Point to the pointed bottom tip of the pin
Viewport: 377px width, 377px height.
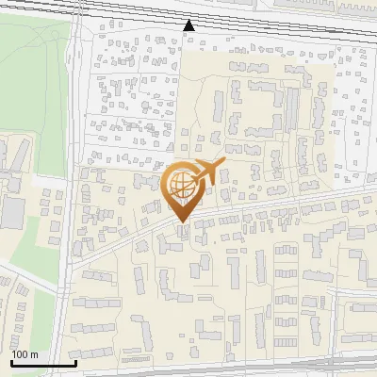point(183,222)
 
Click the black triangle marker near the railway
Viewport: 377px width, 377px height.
point(189,25)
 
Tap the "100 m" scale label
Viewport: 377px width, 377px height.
point(25,354)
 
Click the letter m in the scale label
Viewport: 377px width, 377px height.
point(34,354)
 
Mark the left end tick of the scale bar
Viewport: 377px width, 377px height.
point(11,361)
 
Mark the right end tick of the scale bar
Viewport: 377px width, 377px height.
point(75,361)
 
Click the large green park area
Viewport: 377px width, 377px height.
point(33,85)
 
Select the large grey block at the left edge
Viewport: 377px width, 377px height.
point(11,213)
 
